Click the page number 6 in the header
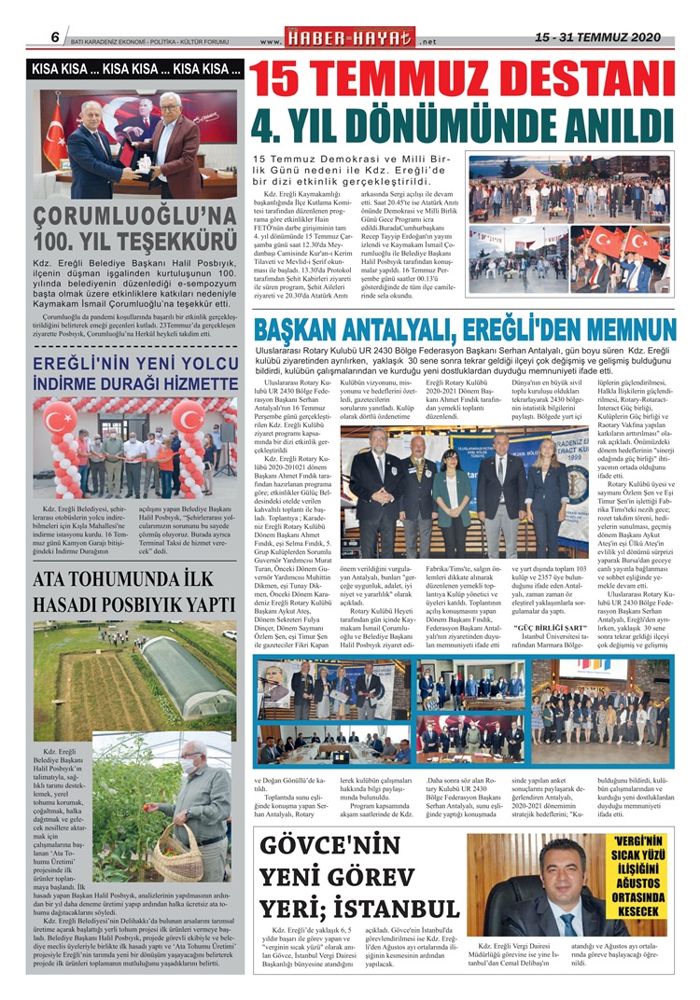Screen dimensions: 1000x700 point(55,37)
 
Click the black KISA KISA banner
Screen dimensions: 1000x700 point(137,69)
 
